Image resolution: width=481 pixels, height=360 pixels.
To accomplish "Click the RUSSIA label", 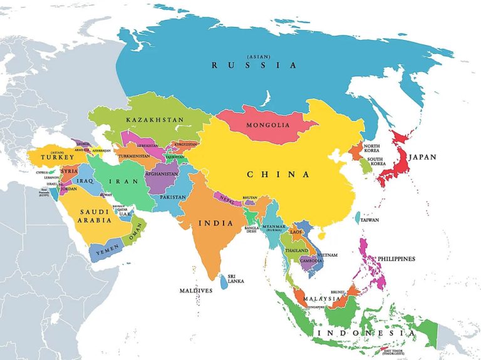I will (x=254, y=65).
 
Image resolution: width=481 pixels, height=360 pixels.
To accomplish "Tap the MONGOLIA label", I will (x=268, y=125).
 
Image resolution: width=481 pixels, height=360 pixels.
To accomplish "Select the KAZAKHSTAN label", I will (x=155, y=120).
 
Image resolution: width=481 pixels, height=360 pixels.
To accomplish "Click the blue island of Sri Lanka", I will (x=224, y=282).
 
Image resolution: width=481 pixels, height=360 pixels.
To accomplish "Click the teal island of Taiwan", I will (x=358, y=218).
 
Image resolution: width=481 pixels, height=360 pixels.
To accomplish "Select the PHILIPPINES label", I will (x=396, y=259).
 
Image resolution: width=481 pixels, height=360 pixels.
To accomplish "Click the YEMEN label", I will (x=106, y=249).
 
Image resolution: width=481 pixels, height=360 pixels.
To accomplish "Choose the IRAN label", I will (x=120, y=182).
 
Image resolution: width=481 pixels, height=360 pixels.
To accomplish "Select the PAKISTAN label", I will (x=173, y=197).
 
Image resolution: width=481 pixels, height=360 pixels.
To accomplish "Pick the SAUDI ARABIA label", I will (x=94, y=215).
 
